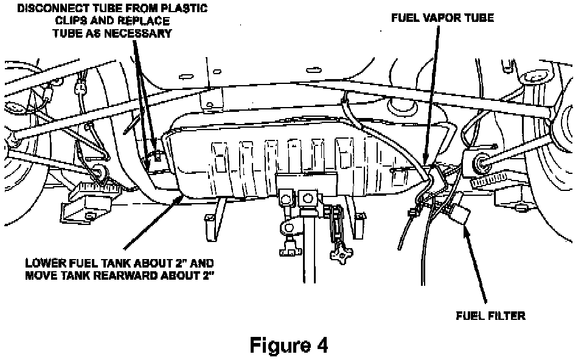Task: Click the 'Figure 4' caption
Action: click(x=289, y=345)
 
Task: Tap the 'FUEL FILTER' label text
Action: click(x=490, y=316)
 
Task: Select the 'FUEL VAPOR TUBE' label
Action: click(x=442, y=18)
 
